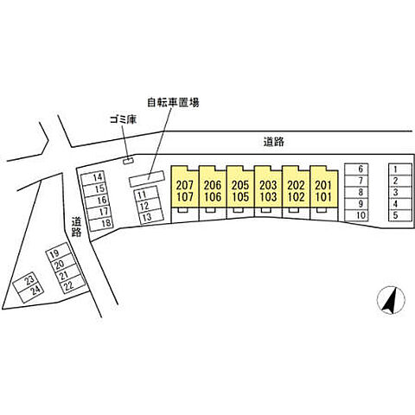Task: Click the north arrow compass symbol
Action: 391,300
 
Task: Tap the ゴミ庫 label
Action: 123,119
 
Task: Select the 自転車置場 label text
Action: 173,102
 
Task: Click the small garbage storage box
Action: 128,161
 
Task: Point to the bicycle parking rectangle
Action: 147,179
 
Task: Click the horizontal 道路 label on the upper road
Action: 274,142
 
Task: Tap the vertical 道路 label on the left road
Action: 77,227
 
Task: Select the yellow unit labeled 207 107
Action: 185,187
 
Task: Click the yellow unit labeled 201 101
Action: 323,187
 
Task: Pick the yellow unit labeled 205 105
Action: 240,187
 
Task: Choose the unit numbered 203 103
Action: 268,187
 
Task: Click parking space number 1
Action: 400,169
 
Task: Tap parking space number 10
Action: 356,215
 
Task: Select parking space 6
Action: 356,169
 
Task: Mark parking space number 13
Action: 151,217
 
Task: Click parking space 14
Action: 93,178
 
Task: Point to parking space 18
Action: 101,223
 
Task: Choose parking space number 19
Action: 59,252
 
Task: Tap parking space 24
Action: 31,294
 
